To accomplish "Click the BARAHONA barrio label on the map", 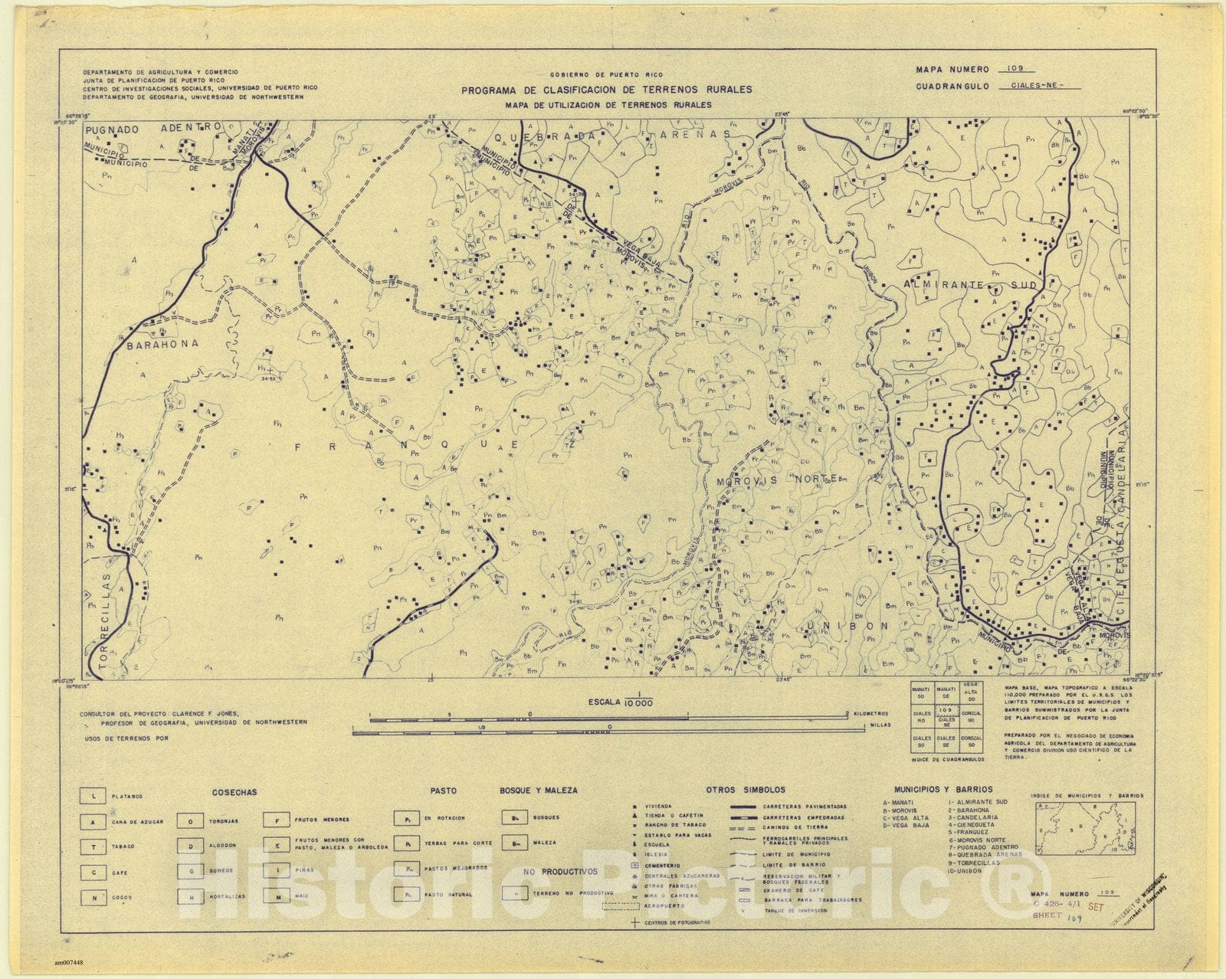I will pos(162,344).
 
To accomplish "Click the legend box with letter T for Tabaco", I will pos(93,846).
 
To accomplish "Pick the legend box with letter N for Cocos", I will pos(93,898).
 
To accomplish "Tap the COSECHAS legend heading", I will pos(234,792).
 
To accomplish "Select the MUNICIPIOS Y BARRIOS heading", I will pos(942,789).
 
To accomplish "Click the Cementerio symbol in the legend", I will pos(634,864).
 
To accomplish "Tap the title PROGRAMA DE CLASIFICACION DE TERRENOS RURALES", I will pos(606,90).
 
